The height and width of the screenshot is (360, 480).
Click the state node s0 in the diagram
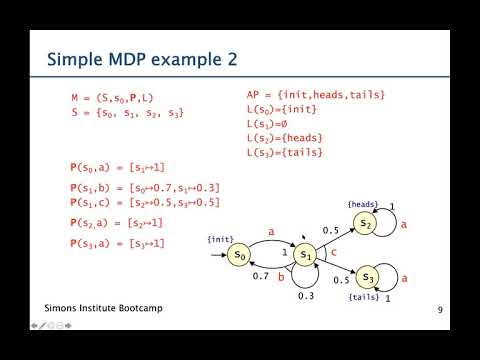pyautogui.click(x=239, y=256)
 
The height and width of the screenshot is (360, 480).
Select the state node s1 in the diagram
pyautogui.click(x=308, y=257)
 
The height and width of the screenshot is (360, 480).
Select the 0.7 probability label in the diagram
pyautogui.click(x=261, y=275)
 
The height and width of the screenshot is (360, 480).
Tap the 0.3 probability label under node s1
pyautogui.click(x=308, y=297)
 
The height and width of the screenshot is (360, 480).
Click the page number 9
pyautogui.click(x=440, y=311)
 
